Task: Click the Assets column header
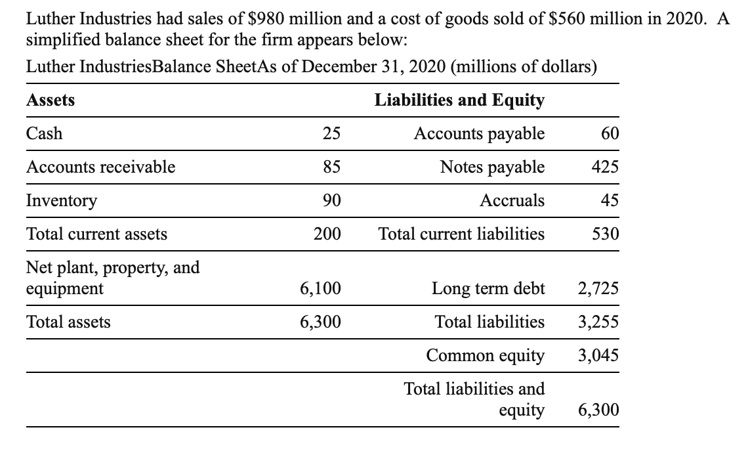51,100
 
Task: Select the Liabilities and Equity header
459,100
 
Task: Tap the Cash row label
45,134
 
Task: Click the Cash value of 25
331,134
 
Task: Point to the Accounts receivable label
100,167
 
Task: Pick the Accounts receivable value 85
331,167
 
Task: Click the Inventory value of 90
331,200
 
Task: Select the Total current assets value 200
327,234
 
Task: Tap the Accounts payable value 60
610,134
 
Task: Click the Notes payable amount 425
605,167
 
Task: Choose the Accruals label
512,200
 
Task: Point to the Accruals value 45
610,200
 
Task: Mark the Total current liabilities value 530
605,234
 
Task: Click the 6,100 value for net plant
320,289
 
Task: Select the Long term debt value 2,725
598,289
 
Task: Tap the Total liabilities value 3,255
598,322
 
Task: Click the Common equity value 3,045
598,356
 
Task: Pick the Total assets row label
68,322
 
